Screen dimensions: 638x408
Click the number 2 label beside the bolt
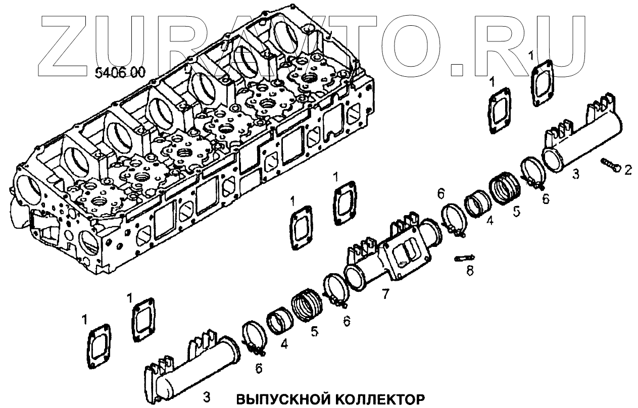point(627,171)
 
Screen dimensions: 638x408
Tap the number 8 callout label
point(469,271)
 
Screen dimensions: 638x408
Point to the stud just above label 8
point(464,258)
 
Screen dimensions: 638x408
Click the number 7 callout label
point(386,293)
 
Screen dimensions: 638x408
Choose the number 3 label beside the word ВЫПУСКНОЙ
point(207,396)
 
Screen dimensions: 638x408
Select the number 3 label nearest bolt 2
point(575,174)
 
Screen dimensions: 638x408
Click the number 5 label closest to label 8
point(515,211)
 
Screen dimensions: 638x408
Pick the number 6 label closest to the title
point(259,369)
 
